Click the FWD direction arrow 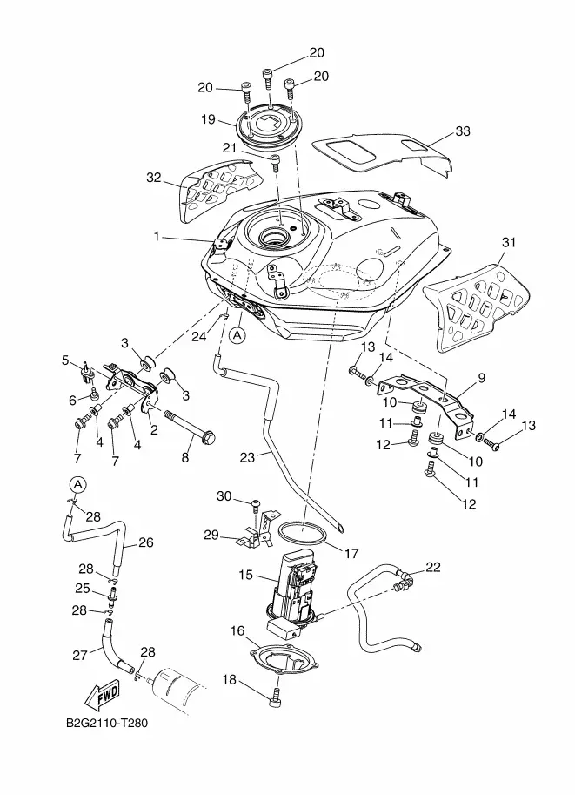point(102,694)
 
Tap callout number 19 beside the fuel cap point(208,119)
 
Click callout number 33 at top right point(463,131)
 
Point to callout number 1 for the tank point(157,235)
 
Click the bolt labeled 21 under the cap point(276,161)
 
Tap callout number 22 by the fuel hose point(432,567)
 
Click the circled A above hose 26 point(77,483)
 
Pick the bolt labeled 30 point(255,505)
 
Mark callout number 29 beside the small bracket point(211,534)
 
